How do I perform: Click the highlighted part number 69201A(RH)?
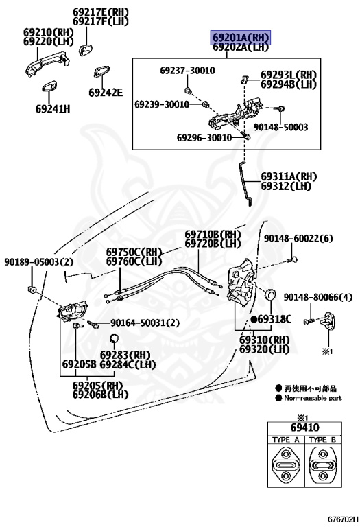click(x=241, y=37)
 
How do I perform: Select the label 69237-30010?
click(x=187, y=71)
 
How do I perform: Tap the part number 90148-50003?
click(x=280, y=127)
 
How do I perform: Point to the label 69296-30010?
click(x=204, y=137)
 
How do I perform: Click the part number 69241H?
click(x=53, y=109)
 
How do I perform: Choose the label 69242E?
click(x=106, y=93)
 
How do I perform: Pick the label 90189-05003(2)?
click(x=38, y=262)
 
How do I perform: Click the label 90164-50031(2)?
click(x=145, y=323)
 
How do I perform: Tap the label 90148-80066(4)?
click(x=318, y=297)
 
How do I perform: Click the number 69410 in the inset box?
click(x=304, y=428)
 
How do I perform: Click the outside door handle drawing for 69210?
click(x=48, y=64)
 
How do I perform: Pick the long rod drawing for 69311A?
click(x=245, y=183)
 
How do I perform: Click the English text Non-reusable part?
click(x=313, y=398)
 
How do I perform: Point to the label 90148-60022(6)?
click(x=298, y=239)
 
